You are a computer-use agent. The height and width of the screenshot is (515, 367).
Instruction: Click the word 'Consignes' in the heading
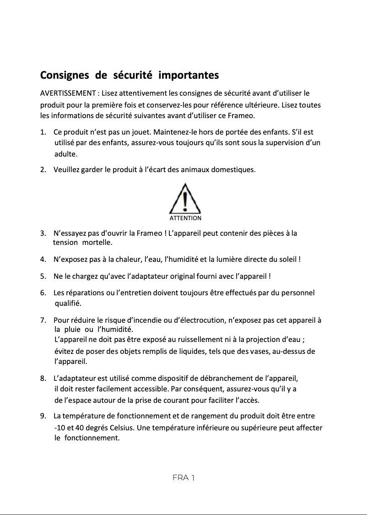(65, 75)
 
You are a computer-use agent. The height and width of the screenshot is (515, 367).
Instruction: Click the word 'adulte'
(66, 153)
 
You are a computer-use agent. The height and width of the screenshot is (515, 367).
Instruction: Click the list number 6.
(43, 293)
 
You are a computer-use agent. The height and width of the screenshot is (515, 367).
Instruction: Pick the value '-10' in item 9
(60, 428)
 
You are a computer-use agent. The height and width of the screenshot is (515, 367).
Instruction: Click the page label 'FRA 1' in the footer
(183, 477)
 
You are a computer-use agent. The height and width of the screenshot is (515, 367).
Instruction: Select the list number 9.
(43, 416)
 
